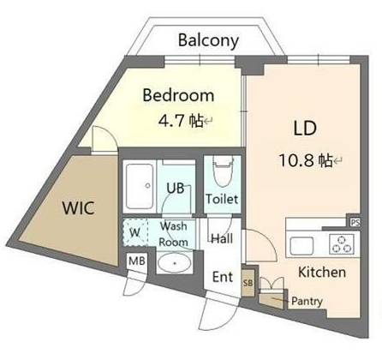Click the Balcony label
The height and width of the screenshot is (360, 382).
(208, 41)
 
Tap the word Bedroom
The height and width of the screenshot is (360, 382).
(178, 95)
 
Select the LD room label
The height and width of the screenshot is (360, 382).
(305, 129)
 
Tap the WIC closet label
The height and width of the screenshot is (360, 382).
(78, 208)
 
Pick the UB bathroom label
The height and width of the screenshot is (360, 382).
(176, 188)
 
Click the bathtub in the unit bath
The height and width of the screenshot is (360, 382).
(140, 186)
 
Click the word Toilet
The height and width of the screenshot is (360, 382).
(222, 199)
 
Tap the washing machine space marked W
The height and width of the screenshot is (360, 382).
(135, 232)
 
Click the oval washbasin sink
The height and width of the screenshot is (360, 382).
(175, 263)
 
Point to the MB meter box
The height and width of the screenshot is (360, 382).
(137, 261)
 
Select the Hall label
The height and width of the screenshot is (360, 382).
(222, 238)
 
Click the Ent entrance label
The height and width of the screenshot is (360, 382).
(223, 277)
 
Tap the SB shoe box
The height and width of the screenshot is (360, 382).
(248, 283)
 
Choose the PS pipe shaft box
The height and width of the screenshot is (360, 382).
(355, 222)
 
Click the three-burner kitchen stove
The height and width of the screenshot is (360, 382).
(342, 244)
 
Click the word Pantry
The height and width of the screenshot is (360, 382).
(307, 301)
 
